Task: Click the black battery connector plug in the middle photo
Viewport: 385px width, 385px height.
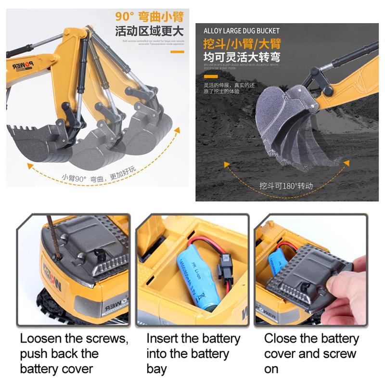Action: (223, 264)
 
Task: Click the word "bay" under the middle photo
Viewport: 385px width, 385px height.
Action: (157, 370)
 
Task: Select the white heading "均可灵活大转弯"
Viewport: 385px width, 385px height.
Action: (241, 57)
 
